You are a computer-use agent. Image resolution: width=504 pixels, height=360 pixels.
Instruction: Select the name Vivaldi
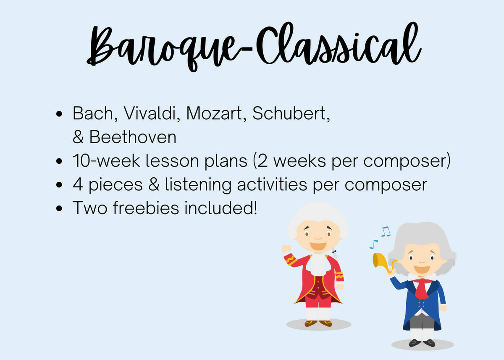click(x=148, y=113)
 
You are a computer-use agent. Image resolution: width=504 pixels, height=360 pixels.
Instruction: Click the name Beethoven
click(x=133, y=137)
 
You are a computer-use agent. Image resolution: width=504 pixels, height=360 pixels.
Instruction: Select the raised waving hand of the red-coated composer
click(x=286, y=249)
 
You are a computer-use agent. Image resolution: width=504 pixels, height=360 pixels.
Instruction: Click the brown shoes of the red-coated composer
click(x=318, y=323)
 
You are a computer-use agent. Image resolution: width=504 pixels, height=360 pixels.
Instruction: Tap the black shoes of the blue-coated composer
click(x=422, y=343)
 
